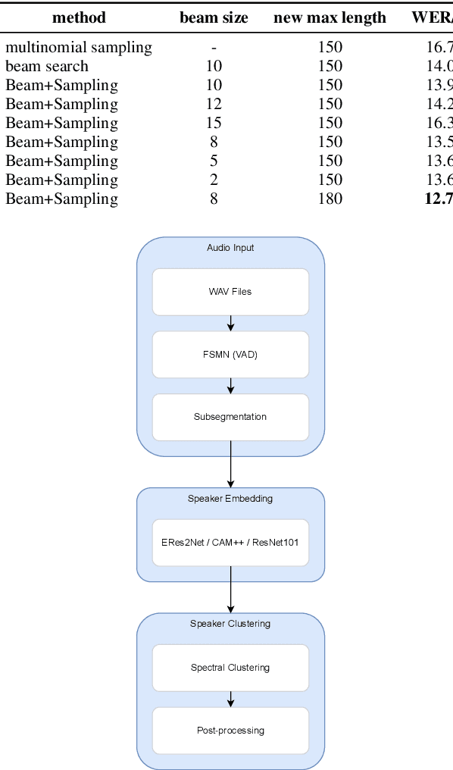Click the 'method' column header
(x=79, y=17)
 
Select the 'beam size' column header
(x=214, y=17)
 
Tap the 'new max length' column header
(x=330, y=17)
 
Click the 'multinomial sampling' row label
(x=79, y=48)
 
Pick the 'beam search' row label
(x=47, y=67)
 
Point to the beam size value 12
(x=214, y=105)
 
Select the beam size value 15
(x=214, y=124)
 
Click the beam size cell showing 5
(x=214, y=161)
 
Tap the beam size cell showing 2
(x=214, y=180)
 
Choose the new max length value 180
(x=330, y=199)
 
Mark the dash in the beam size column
(x=214, y=48)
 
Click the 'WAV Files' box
(x=230, y=292)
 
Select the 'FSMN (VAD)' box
(x=230, y=355)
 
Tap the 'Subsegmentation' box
(x=230, y=417)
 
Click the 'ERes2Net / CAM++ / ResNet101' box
(x=230, y=543)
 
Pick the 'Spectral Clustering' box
(x=230, y=668)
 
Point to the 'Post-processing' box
(x=230, y=731)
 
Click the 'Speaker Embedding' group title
(x=230, y=499)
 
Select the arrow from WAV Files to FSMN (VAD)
(x=230, y=324)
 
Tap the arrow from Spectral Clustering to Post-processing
(x=230, y=699)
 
